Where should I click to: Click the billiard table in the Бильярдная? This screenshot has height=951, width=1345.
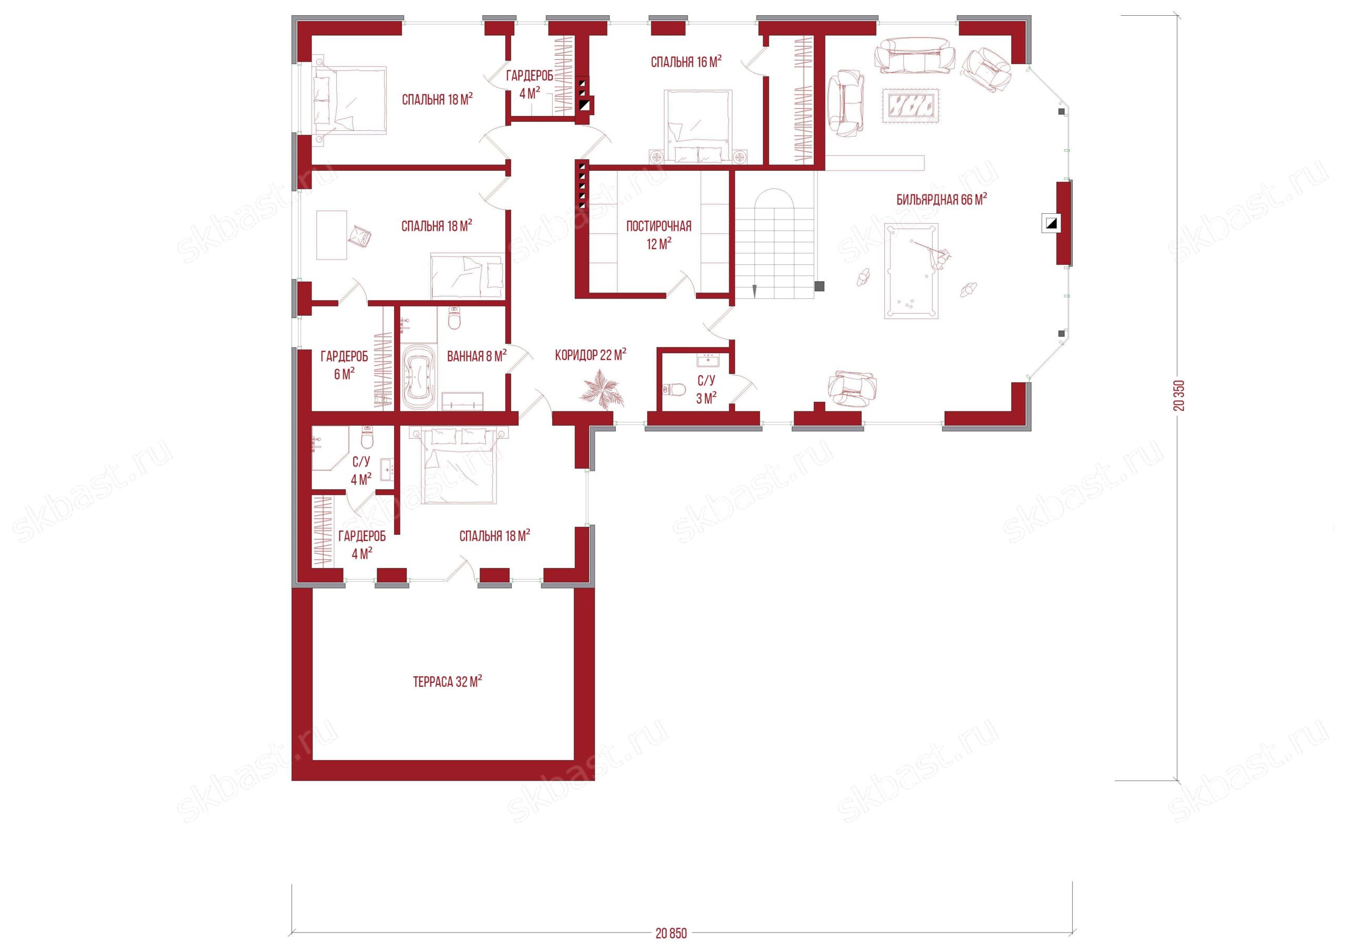(911, 271)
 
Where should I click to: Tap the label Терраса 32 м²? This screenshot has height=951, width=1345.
(448, 681)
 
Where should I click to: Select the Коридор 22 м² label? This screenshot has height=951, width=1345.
(591, 355)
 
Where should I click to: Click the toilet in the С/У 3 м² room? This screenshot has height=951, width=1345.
(674, 390)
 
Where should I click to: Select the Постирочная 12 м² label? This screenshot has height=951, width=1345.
(659, 234)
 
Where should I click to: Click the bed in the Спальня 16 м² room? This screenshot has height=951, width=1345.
(698, 126)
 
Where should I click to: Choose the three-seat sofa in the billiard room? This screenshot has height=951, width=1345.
(913, 55)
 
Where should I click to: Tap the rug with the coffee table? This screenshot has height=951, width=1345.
(911, 106)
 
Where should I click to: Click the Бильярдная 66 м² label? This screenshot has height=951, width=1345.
(942, 199)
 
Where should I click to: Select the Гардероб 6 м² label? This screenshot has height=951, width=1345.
(345, 365)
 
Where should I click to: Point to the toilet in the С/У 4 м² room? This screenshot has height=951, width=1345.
(367, 437)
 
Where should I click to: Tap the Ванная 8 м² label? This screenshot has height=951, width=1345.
(476, 356)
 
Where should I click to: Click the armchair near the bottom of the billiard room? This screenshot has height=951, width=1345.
(852, 388)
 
